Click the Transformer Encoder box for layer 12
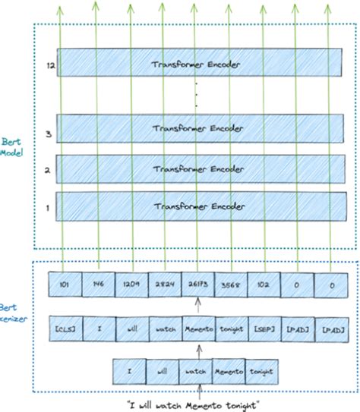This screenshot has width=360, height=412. (x=197, y=64)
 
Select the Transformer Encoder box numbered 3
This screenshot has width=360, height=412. (x=197, y=130)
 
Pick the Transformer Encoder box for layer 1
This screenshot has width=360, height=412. (x=197, y=206)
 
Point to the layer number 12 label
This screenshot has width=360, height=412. (x=49, y=66)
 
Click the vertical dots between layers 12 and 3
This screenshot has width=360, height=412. (x=196, y=97)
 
